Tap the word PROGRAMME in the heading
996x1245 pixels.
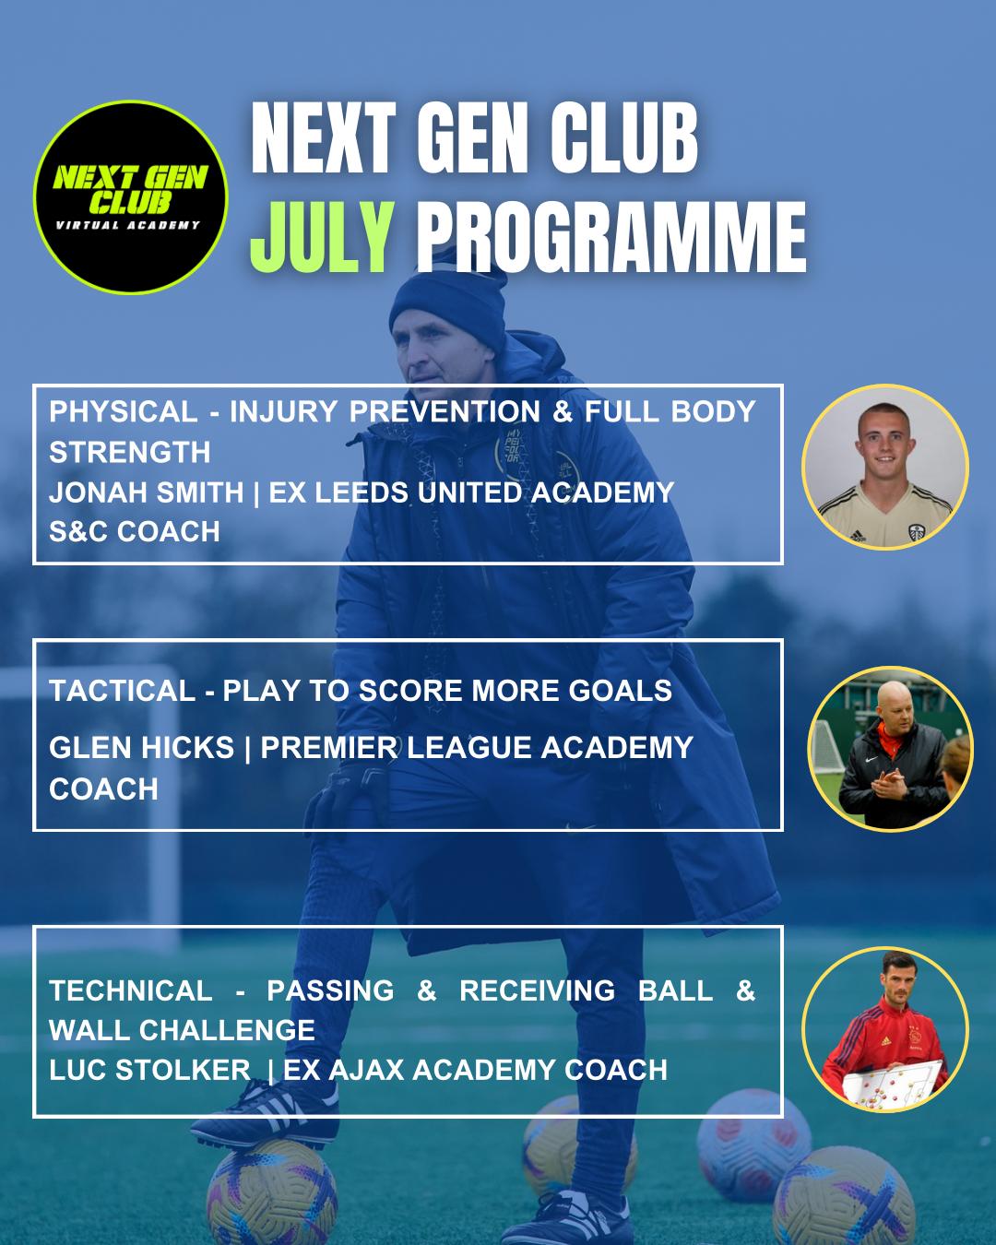pos(611,237)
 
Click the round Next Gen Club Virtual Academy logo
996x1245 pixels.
pos(131,197)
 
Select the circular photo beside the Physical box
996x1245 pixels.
pos(885,468)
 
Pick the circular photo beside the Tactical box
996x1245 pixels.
pos(890,749)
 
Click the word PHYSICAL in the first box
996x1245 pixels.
pos(124,412)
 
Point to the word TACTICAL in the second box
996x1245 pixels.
pos(123,691)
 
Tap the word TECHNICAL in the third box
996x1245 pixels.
pos(131,990)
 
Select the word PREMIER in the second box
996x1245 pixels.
pos(328,747)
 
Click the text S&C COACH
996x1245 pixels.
pos(135,531)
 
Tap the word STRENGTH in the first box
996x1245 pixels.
pos(130,452)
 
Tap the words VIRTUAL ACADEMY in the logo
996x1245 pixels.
pos(128,225)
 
